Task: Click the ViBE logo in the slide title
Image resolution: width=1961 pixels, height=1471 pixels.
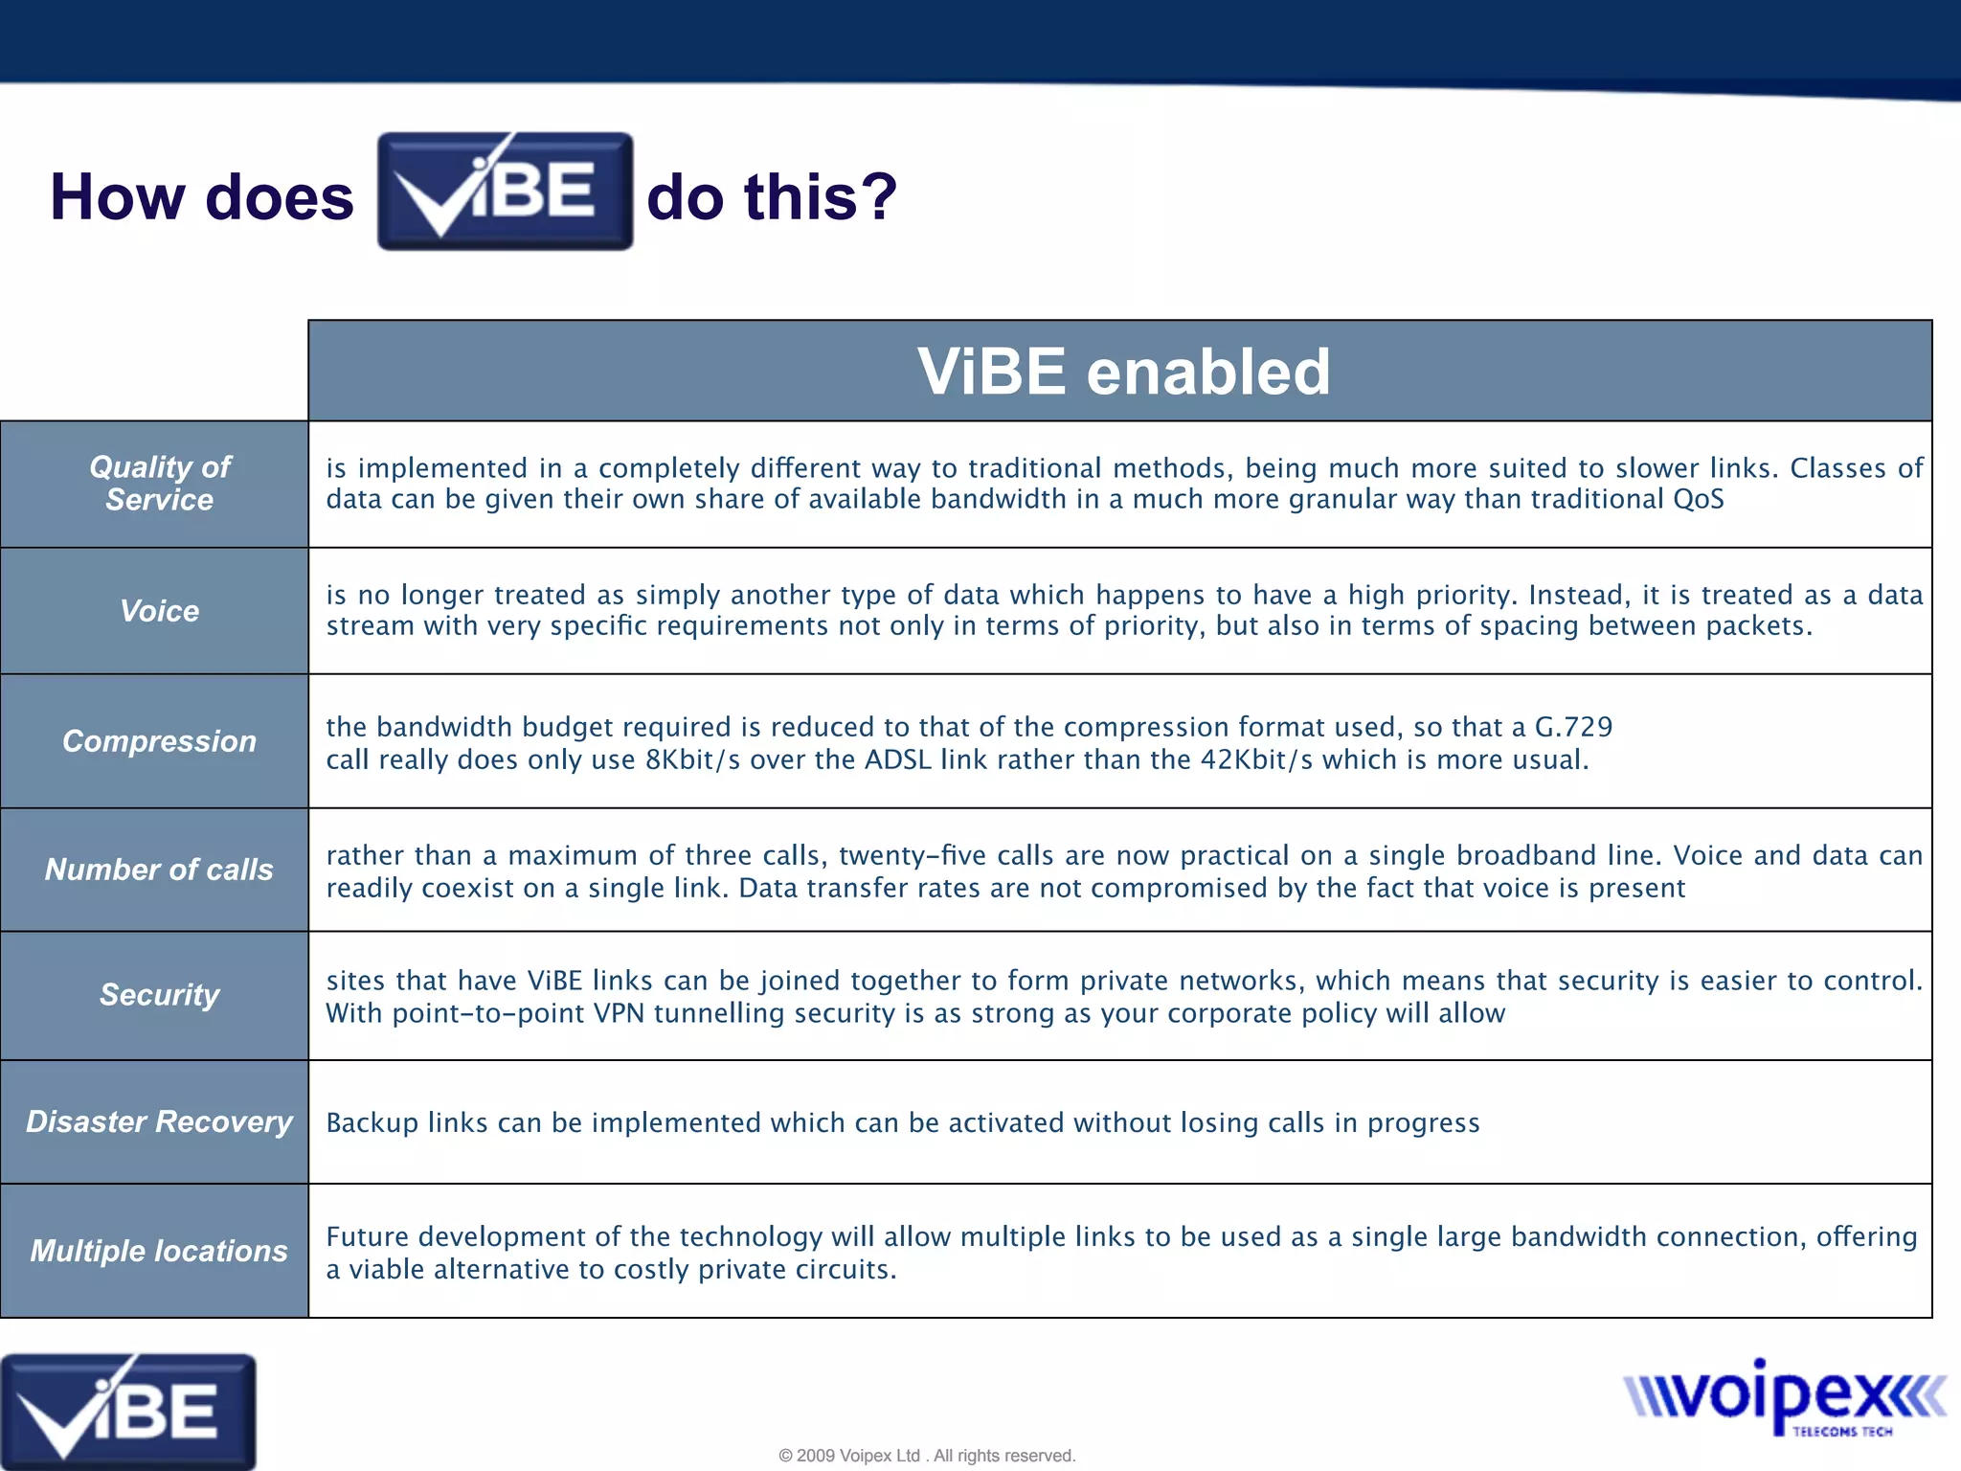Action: coord(505,192)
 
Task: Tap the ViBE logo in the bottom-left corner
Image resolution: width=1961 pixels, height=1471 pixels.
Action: coord(127,1411)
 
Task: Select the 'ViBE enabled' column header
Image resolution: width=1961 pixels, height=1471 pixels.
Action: coord(1123,372)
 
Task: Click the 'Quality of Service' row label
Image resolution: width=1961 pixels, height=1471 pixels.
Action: coord(159,484)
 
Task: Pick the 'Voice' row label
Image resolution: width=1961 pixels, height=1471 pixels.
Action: coord(159,611)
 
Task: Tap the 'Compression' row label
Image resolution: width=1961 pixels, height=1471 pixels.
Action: coord(159,741)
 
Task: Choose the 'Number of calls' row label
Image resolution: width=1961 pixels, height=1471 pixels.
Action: coord(159,870)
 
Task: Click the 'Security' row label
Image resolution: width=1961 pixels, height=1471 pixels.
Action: coord(159,995)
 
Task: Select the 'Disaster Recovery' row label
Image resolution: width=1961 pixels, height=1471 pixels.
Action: coord(159,1121)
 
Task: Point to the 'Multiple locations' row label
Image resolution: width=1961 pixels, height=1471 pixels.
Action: coord(159,1251)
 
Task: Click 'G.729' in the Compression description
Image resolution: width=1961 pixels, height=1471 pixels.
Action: coord(1573,727)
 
